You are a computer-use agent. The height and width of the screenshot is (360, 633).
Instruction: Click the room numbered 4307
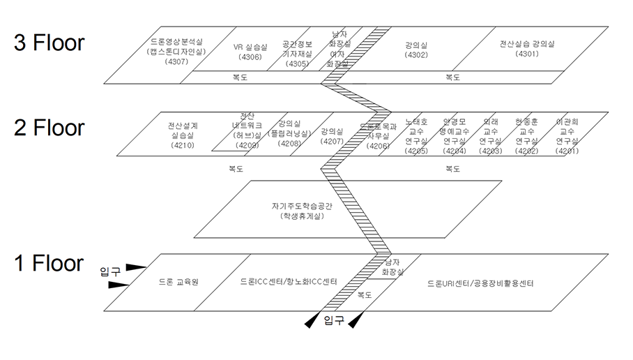(176, 52)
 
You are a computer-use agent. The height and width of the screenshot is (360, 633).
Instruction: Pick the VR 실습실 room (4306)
(250, 52)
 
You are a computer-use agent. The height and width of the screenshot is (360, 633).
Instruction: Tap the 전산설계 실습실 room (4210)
(182, 136)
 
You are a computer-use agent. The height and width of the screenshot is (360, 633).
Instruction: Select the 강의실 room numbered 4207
(332, 136)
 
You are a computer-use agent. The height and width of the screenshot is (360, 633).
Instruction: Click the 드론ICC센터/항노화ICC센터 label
(288, 283)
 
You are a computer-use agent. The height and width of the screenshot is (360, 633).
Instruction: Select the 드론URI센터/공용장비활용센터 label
(480, 283)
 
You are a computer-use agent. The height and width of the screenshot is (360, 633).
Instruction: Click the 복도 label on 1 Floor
(364, 295)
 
